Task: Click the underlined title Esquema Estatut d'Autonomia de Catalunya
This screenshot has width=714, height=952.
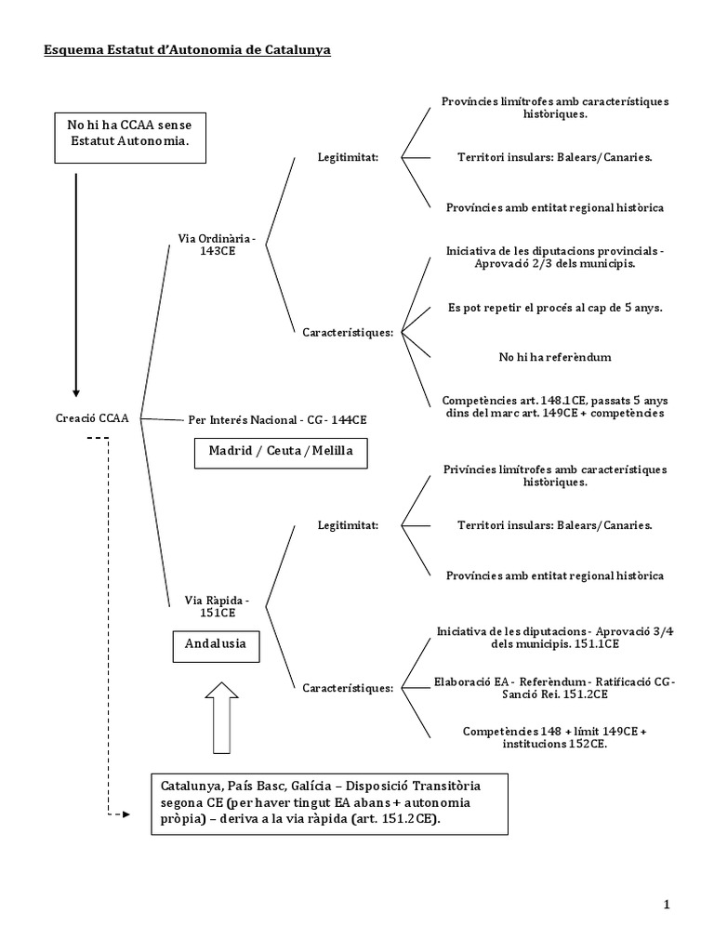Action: click(188, 50)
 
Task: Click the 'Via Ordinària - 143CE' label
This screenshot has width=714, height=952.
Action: click(217, 245)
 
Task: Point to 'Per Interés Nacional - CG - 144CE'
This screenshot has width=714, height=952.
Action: click(277, 420)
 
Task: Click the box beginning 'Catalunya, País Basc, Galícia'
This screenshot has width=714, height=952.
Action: click(330, 802)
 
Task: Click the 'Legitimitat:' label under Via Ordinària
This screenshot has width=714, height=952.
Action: click(348, 158)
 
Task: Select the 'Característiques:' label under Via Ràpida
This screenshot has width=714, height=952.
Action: click(348, 688)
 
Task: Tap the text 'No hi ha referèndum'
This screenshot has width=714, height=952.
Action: click(555, 357)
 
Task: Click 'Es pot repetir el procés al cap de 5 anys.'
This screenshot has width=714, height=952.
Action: click(555, 308)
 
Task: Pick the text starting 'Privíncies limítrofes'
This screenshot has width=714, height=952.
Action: click(555, 476)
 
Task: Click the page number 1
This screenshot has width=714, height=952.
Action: click(667, 905)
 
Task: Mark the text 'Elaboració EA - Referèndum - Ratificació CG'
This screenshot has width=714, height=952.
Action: click(555, 687)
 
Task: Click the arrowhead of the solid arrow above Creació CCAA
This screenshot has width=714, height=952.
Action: click(76, 391)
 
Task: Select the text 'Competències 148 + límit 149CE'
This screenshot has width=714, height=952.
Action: click(555, 737)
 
